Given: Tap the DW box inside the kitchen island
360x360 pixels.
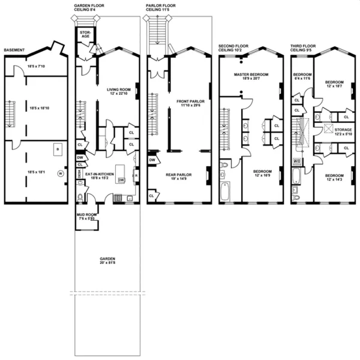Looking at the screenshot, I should click(121, 179).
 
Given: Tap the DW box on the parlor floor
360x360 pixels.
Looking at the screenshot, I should click(152, 160).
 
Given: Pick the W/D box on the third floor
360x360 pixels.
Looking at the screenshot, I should click(296, 161).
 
